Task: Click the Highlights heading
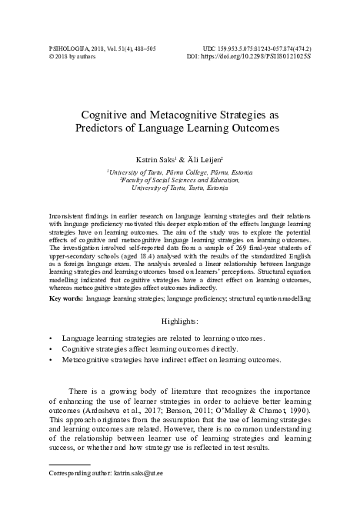click(180, 319)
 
